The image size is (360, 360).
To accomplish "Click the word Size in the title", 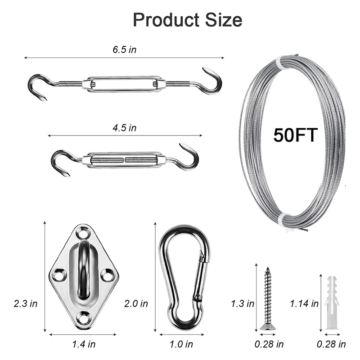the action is click(224, 20).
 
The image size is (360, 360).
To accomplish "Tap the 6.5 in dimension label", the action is click(125, 49).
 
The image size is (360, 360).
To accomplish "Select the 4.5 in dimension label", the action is click(125, 128).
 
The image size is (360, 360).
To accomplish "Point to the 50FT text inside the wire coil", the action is click(296, 135).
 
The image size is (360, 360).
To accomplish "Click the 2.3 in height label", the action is click(26, 303).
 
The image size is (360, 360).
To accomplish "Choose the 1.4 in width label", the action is click(84, 344).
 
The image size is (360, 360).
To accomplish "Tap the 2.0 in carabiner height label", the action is click(136, 303).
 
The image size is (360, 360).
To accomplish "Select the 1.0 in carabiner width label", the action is click(181, 344).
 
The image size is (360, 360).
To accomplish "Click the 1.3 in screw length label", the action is click(243, 303).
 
